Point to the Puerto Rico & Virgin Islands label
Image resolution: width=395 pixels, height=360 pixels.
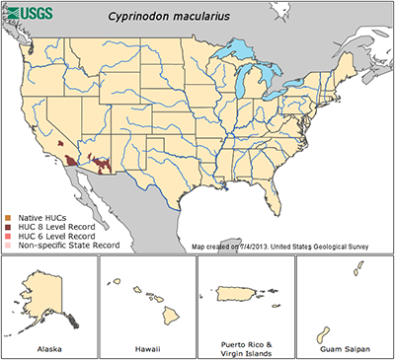[x=246, y=344]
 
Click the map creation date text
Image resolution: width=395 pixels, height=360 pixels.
[x=286, y=246]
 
